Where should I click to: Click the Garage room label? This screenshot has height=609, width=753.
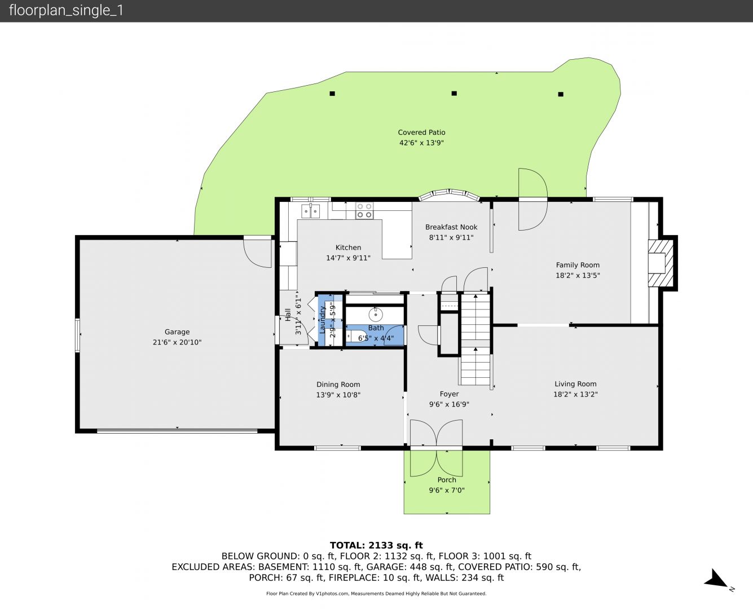point(177,332)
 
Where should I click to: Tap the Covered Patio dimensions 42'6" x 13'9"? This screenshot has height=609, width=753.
point(421,143)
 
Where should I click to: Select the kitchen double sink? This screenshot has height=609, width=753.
point(310,211)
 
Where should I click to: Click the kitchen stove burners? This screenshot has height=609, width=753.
point(364,211)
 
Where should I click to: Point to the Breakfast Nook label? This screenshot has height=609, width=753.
point(451,227)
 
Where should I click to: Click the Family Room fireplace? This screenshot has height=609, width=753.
point(660,263)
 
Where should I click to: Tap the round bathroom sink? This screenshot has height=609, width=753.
point(376,314)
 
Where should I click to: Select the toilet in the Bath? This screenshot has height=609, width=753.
point(355,336)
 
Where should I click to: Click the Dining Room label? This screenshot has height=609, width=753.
point(338,384)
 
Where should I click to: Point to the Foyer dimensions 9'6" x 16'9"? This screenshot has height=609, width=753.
point(449,404)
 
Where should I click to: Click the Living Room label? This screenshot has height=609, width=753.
point(575,384)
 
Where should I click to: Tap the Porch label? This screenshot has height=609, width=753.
point(447,480)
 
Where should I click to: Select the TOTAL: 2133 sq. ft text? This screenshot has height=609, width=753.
point(376,545)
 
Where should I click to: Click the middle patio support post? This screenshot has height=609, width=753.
point(454,93)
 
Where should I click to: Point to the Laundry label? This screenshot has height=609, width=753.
point(322,320)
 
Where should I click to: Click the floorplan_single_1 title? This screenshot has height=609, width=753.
point(66,11)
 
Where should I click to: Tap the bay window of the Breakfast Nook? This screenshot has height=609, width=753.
point(449,194)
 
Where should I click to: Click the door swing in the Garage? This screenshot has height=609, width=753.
point(257,252)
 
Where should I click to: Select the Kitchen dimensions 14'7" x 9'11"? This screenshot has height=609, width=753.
point(348,258)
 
